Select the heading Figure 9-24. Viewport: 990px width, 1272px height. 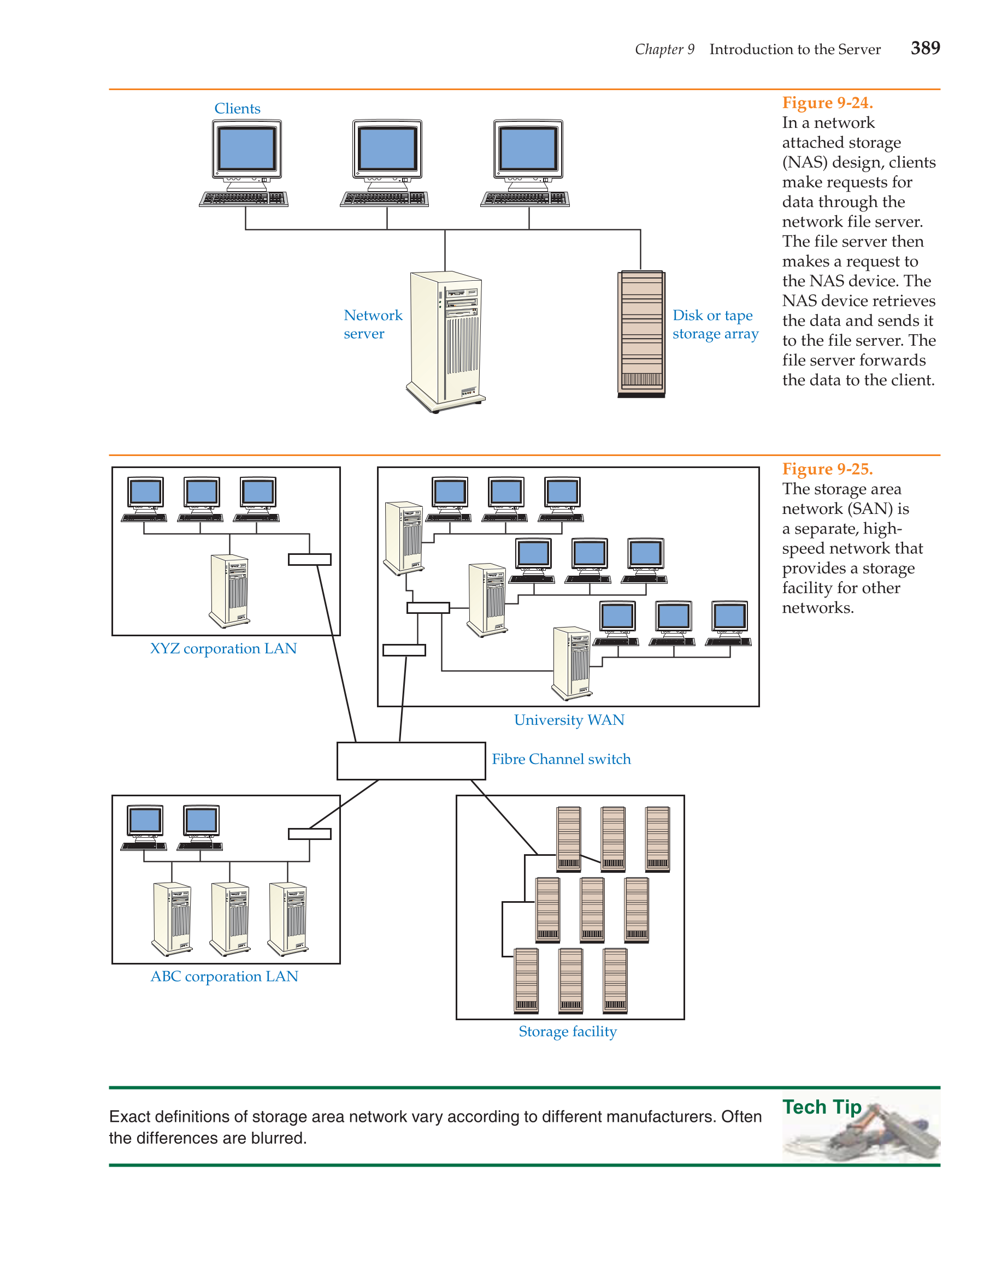827,103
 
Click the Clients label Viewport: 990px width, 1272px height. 237,108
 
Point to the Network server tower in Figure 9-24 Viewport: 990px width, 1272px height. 446,342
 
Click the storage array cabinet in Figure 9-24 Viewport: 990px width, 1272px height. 641,334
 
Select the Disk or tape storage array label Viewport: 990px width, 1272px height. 715,324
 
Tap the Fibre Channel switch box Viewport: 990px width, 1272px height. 411,761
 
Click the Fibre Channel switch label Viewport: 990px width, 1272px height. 561,759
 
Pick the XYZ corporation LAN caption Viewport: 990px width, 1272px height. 223,648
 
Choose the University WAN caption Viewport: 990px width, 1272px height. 569,720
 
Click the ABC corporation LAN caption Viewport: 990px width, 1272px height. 225,976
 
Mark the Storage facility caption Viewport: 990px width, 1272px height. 568,1032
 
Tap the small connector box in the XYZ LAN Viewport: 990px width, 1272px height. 309,559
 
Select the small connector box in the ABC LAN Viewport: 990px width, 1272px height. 309,834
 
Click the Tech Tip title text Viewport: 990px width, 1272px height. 822,1107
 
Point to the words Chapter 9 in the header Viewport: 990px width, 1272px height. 664,50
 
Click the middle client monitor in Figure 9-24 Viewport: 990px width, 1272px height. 387,150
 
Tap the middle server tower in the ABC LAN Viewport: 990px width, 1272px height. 229,919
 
